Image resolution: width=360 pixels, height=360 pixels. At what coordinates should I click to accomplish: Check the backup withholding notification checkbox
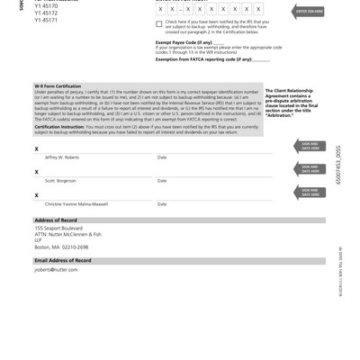(159, 24)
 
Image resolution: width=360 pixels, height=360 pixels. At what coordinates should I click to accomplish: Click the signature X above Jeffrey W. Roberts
(36, 148)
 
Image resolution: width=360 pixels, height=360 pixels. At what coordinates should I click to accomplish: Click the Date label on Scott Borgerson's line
(162, 181)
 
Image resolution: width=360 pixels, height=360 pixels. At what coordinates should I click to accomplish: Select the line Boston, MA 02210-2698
(61, 247)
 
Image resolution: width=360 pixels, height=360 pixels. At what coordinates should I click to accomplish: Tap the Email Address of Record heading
(63, 260)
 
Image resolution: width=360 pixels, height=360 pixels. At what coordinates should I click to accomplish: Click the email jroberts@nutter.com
(57, 270)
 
